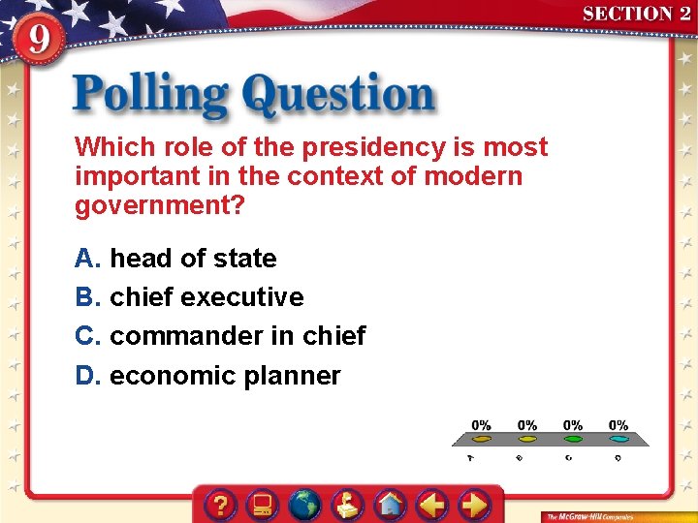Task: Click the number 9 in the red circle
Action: [36, 42]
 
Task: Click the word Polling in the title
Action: [150, 96]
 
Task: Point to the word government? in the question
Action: [160, 205]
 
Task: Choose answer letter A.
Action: [88, 259]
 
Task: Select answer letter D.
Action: [88, 376]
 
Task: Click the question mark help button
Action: [221, 505]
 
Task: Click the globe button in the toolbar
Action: [304, 505]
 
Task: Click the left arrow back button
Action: [431, 505]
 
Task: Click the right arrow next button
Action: [473, 505]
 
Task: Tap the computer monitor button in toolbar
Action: [262, 505]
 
